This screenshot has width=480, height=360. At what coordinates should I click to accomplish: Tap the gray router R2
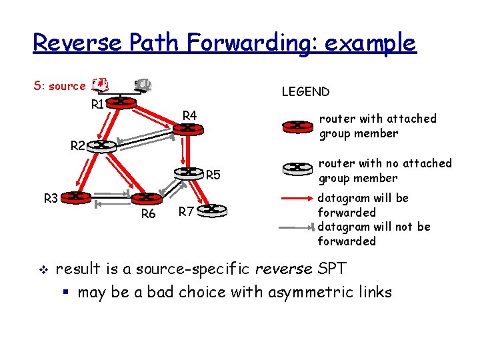101,145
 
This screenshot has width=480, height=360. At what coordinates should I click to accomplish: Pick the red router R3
77,197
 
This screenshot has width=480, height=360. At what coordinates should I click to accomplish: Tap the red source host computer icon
101,85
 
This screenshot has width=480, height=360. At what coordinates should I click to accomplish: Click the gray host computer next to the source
143,85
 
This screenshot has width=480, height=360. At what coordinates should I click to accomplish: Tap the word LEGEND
305,92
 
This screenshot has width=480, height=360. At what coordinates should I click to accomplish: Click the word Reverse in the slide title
77,43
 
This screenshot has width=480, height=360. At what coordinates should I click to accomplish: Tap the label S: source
59,86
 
